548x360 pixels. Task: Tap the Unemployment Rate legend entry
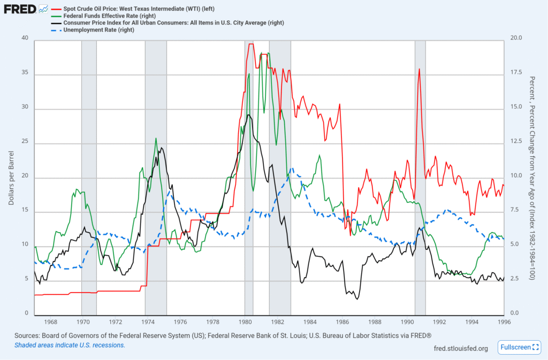pyautogui.click(x=98, y=30)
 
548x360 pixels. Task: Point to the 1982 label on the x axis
pyautogui.click(x=277, y=322)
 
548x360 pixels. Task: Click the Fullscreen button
pyautogui.click(x=519, y=347)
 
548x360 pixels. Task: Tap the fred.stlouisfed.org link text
pyautogui.click(x=461, y=348)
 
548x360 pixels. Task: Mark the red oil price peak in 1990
pyautogui.click(x=420, y=69)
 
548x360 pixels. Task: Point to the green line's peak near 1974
pyautogui.click(x=156, y=138)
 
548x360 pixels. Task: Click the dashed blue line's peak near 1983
pyautogui.click(x=292, y=168)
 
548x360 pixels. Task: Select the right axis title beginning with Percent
pyautogui.click(x=532, y=177)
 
